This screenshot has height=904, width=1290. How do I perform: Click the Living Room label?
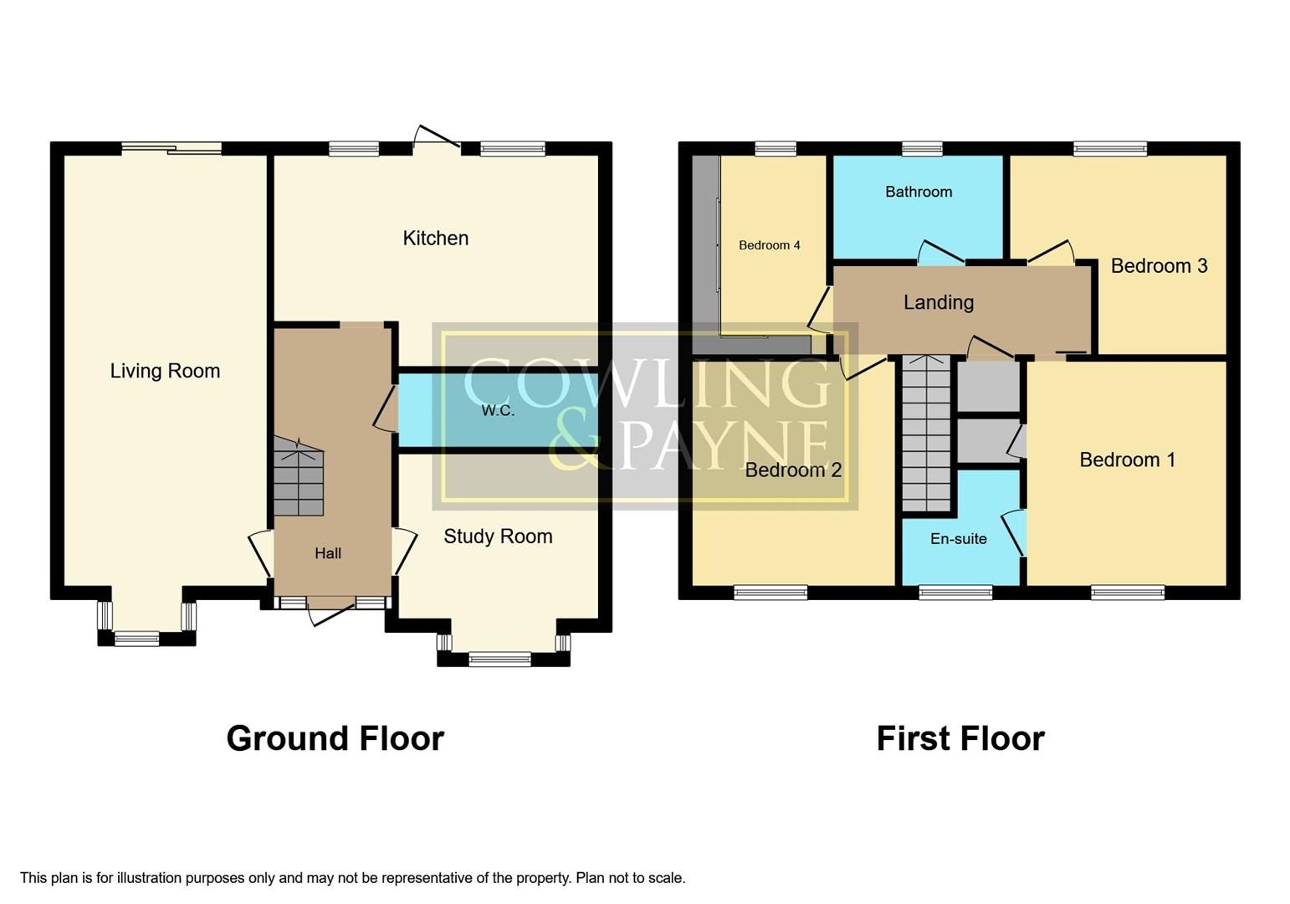(x=165, y=371)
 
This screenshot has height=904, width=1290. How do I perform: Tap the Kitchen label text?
(x=435, y=239)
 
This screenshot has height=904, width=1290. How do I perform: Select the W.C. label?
(x=498, y=411)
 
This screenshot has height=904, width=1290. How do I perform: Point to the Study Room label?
(x=498, y=537)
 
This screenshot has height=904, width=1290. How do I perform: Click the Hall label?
(x=328, y=553)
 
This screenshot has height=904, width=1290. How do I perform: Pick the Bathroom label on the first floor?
(x=919, y=192)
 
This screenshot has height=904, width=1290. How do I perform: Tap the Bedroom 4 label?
(x=769, y=245)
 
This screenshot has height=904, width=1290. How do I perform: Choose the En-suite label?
(x=958, y=539)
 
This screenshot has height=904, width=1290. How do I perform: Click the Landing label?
(x=938, y=302)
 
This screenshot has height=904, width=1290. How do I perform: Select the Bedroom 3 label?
(x=1159, y=266)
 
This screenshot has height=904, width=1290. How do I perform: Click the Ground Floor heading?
(x=335, y=738)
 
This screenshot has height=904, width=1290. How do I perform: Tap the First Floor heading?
(x=960, y=738)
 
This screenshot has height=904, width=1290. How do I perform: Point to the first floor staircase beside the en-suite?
(x=926, y=435)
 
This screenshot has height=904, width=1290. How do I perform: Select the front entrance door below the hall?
(x=330, y=611)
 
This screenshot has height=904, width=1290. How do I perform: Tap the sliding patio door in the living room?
(x=171, y=149)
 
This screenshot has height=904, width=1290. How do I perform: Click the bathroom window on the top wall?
(x=922, y=149)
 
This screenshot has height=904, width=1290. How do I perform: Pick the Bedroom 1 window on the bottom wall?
(x=1127, y=593)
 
